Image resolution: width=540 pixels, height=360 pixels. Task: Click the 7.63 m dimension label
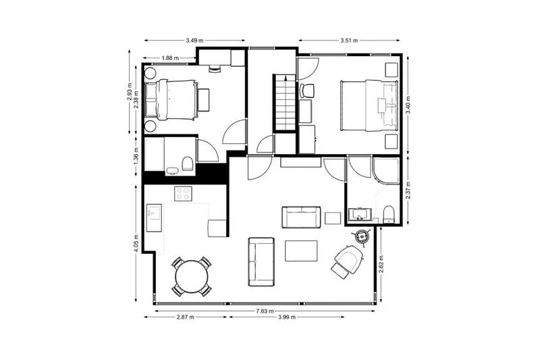click(265, 311)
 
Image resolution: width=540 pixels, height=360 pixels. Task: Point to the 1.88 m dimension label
click(170, 58)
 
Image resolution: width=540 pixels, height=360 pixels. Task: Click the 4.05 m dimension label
click(136, 244)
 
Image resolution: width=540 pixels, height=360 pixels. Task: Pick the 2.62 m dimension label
click(381, 264)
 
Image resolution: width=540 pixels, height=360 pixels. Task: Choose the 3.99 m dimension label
click(287, 317)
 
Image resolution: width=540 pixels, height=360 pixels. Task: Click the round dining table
click(192, 277)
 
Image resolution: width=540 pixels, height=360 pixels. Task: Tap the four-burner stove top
click(183, 194)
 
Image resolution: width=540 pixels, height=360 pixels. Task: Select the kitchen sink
click(155, 217)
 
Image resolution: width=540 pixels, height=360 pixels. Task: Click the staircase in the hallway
click(285, 102)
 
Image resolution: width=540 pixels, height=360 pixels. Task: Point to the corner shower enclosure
click(386, 170)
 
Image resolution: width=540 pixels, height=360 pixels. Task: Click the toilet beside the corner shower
click(389, 214)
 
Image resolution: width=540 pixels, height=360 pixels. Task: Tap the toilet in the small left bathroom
click(188, 163)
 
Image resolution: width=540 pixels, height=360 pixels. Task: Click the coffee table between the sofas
click(301, 251)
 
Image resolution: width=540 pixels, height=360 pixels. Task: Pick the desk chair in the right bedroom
click(307, 91)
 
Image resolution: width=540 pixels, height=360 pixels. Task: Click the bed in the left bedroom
click(171, 100)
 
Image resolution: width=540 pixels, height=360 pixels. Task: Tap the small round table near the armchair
click(362, 236)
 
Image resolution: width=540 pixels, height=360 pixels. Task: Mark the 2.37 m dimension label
click(408, 190)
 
